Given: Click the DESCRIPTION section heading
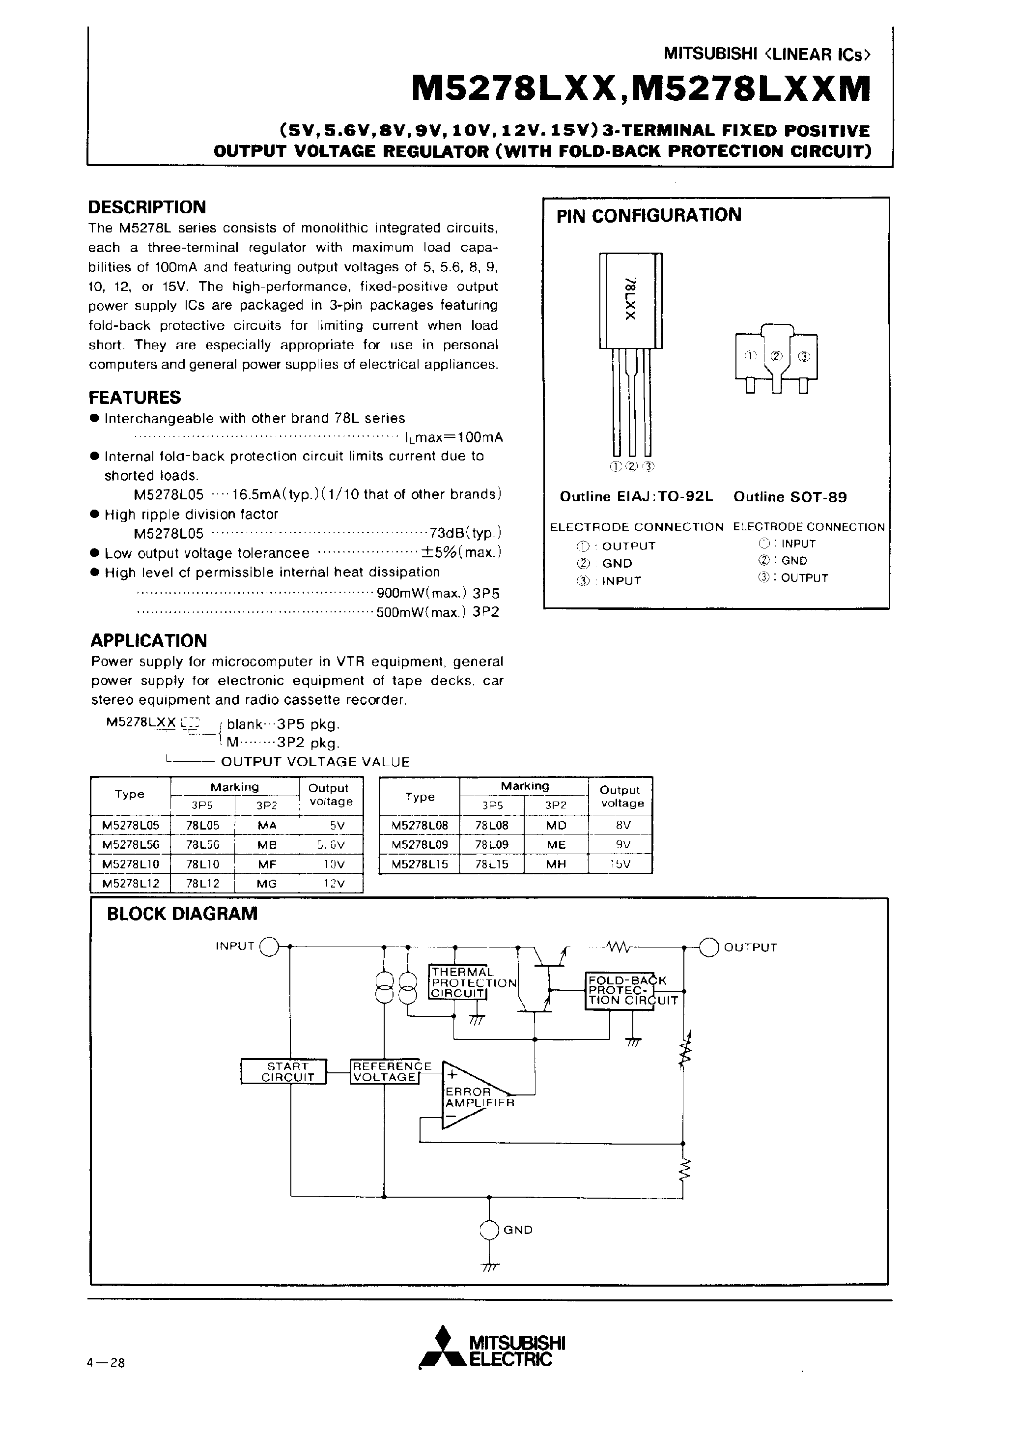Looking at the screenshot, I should pos(147,207).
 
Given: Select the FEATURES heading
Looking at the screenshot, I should pos(135,398).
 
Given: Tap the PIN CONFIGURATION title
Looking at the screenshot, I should pos(649,215).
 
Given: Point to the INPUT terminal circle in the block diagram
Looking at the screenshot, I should pos(268,947).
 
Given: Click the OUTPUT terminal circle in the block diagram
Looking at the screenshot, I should pos(709,948).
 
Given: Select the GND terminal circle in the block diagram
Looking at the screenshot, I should pos(489,1230).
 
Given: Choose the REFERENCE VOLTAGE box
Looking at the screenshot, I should pos(385,1071).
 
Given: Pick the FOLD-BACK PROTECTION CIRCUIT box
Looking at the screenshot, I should pos(632,990).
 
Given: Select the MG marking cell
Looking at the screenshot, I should pos(267,884).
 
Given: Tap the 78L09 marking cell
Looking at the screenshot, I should pos(491,844).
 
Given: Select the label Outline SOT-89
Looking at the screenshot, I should pos(789,497).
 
